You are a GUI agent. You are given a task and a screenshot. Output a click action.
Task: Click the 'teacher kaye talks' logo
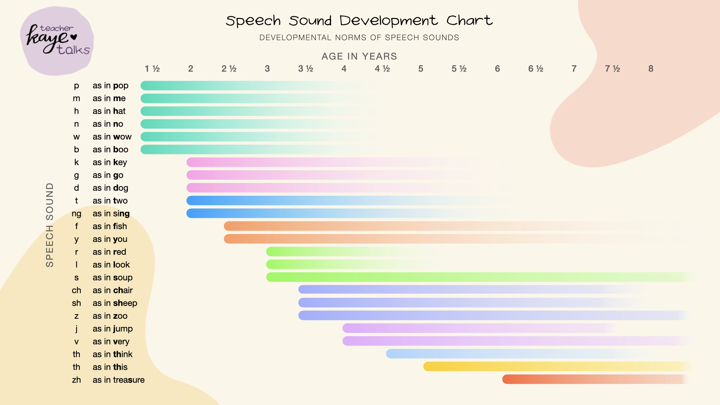[57, 40]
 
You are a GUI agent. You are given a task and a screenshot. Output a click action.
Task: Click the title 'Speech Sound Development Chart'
[359, 21]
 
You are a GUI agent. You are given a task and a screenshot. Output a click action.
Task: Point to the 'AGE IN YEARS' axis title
[359, 56]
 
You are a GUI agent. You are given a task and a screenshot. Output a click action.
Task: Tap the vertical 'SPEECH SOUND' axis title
[49, 225]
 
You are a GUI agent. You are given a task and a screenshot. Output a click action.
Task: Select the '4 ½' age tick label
[382, 69]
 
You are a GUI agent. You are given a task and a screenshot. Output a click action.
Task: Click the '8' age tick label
[651, 69]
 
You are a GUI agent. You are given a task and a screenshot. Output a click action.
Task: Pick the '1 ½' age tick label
[152, 69]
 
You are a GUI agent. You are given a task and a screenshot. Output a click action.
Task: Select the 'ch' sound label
[76, 290]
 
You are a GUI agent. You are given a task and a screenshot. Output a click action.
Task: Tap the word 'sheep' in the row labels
[125, 303]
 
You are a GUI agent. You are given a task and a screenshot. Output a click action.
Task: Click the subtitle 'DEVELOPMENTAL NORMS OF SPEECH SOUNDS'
[359, 37]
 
